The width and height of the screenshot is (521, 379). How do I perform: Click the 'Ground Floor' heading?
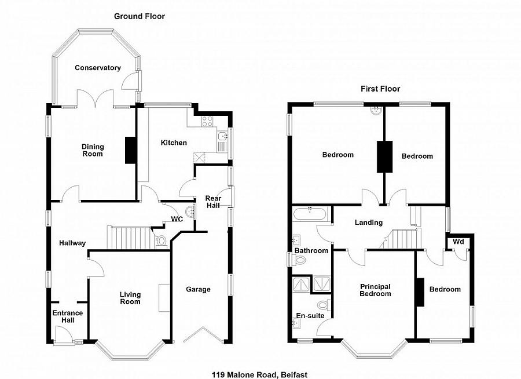coord(139,17)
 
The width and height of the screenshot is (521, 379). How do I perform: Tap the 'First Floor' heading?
coord(380,89)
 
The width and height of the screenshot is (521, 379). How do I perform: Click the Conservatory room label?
coord(98,68)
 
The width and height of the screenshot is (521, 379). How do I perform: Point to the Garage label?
coord(198,289)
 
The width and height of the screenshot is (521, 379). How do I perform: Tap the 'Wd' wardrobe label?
coord(458,240)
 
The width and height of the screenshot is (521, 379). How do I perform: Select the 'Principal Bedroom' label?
coord(375,290)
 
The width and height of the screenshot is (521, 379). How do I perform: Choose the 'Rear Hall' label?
coord(214,203)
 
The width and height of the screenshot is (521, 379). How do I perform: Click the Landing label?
coord(369,223)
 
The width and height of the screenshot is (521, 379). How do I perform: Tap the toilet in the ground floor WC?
coord(162,240)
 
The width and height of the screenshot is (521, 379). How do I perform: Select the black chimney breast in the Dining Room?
coord(131,150)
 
